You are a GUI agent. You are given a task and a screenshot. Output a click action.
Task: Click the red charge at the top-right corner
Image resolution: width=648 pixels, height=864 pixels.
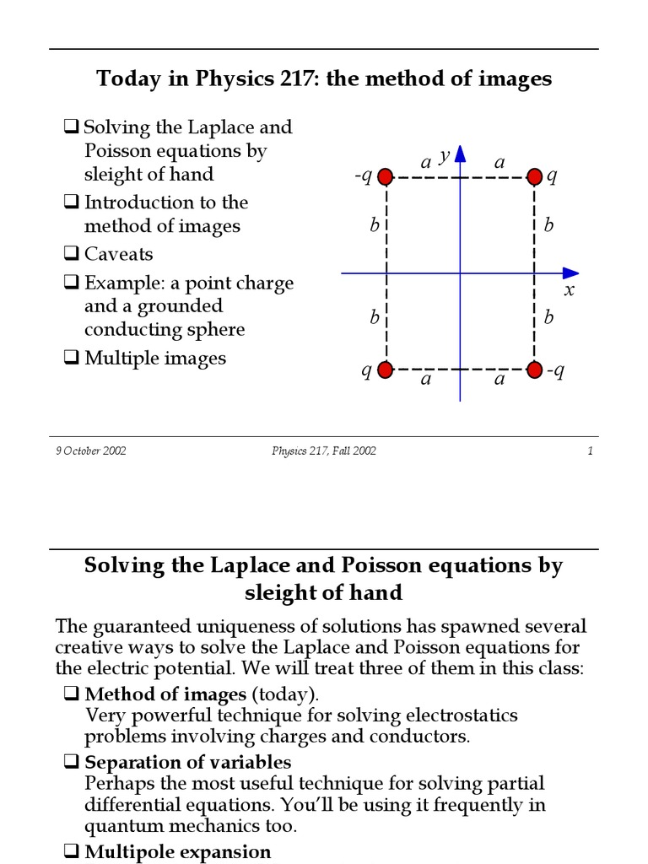tap(534, 176)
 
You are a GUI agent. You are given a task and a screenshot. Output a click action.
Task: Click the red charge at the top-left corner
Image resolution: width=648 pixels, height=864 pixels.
tap(386, 176)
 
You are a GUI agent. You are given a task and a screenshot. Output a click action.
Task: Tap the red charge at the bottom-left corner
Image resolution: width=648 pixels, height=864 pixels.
tap(386, 370)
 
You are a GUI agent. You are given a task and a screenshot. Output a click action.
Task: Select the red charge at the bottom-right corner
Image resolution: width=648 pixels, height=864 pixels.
tap(534, 370)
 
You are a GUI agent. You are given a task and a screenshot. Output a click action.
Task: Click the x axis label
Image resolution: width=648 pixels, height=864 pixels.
tap(569, 290)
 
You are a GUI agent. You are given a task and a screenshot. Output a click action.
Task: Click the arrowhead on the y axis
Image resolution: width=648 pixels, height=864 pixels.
tap(460, 154)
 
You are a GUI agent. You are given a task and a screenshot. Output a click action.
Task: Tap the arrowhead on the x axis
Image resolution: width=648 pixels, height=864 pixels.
tap(571, 273)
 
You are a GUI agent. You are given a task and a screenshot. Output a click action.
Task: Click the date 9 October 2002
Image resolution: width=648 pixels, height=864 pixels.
tap(91, 451)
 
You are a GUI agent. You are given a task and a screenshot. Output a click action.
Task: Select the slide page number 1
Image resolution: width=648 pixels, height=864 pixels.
tap(591, 451)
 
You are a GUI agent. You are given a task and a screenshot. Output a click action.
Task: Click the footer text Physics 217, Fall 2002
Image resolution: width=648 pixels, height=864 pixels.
tap(324, 451)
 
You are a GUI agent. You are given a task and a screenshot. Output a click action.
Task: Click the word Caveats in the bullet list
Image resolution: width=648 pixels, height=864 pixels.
tap(118, 254)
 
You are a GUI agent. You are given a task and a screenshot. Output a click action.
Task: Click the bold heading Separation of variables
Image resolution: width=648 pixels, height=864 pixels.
tap(188, 763)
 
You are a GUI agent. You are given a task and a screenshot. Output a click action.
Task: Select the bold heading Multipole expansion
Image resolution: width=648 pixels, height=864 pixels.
tap(178, 851)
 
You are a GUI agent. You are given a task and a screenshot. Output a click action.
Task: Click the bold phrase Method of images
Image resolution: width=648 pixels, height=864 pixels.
tap(165, 694)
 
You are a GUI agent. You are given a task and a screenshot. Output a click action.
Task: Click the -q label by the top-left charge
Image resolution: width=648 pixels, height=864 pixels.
tap(363, 177)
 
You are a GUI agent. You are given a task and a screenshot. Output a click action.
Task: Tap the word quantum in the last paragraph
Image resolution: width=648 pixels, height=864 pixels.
tap(121, 826)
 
